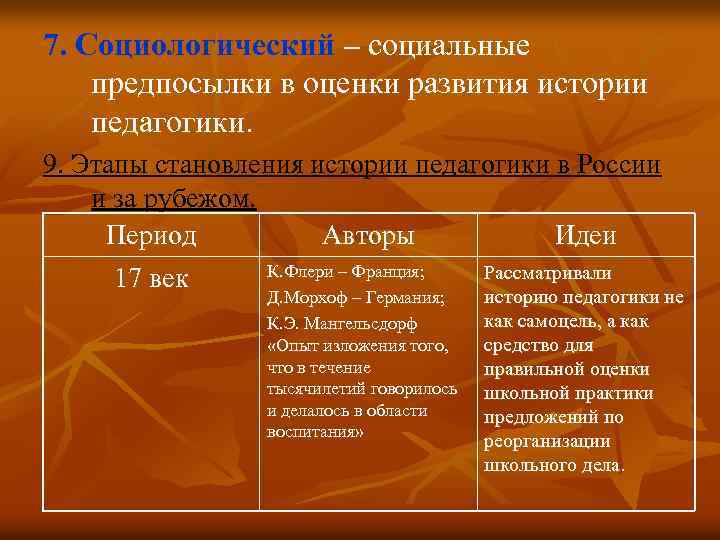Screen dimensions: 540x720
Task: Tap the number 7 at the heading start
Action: pos(52,46)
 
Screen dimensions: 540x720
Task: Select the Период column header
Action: pos(151,236)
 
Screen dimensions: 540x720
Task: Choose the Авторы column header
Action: pos(368,236)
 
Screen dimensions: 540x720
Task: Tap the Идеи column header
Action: pos(585,236)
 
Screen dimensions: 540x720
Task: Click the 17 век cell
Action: pos(151,279)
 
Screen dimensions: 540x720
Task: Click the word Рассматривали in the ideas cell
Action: pos(548,274)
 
